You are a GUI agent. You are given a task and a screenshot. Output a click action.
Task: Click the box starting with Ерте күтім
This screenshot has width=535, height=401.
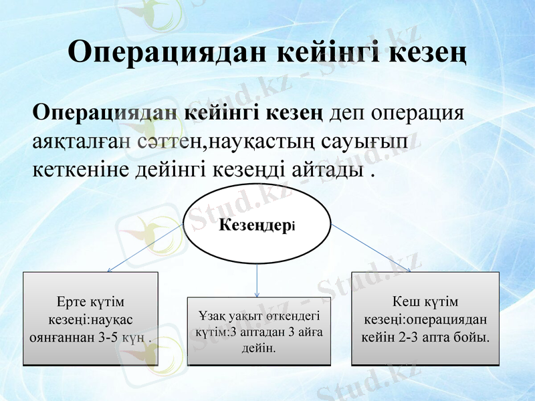[x=91, y=318]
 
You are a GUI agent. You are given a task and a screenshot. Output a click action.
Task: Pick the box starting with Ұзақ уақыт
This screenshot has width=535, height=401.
[x=259, y=331]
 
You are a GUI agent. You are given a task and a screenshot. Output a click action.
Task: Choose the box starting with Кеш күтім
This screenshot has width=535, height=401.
[x=425, y=318]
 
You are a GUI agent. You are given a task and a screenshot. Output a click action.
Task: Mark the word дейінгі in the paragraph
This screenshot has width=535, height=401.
[x=176, y=168]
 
